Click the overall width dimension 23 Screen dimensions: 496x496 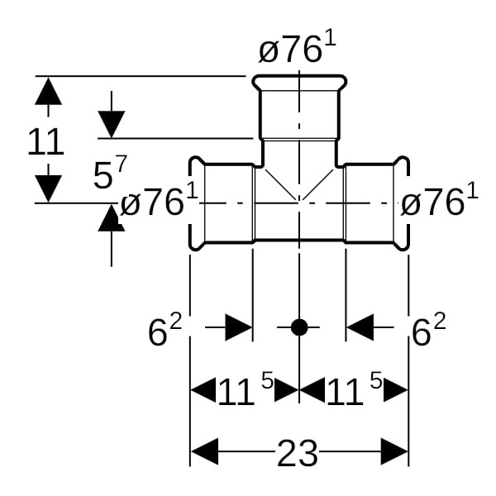298,453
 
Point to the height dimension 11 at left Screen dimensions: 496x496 45,142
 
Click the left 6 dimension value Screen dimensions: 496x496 163,331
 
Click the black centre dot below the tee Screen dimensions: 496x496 299,327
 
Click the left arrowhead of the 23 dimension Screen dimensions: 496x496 204,453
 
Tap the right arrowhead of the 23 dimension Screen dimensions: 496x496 395,453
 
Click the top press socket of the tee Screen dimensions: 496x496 298,107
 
